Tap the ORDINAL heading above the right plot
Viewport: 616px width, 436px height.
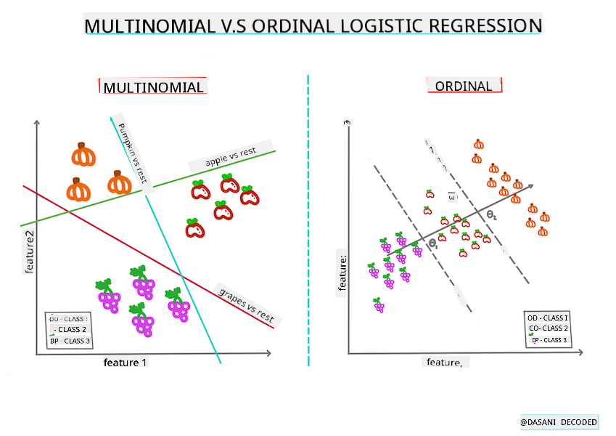[464, 86]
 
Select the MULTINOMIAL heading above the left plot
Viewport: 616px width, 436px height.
[153, 88]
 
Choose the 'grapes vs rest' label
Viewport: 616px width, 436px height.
[247, 305]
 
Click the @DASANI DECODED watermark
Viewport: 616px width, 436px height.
[559, 422]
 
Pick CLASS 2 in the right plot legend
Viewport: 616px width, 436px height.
[549, 328]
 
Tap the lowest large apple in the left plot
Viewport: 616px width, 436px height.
[194, 228]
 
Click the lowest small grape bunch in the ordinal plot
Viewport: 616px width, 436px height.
[379, 305]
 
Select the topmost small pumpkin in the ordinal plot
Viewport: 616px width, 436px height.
[478, 144]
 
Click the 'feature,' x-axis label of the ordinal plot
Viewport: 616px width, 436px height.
[443, 362]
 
